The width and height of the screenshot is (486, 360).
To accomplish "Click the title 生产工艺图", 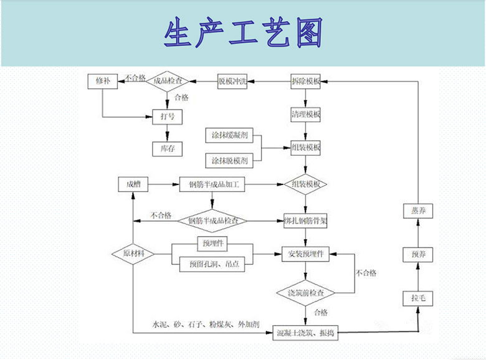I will [243, 34].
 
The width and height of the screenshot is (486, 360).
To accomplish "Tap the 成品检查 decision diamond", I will [167, 82].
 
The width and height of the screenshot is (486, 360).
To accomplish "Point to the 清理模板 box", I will [305, 115].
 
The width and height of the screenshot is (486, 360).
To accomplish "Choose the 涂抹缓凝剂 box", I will [229, 135].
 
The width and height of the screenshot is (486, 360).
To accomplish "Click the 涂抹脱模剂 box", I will [229, 161].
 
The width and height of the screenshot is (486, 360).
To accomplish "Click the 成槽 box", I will [134, 184].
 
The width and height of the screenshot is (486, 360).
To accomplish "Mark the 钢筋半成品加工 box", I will [213, 184].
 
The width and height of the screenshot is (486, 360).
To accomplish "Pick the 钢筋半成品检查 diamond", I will [213, 220].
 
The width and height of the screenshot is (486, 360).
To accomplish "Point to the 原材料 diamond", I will [133, 254].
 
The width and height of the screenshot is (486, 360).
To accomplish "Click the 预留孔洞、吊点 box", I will [212, 264].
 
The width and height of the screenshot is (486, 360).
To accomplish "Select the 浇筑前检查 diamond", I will [305, 293].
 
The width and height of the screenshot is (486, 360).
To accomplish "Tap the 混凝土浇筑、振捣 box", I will [305, 333].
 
